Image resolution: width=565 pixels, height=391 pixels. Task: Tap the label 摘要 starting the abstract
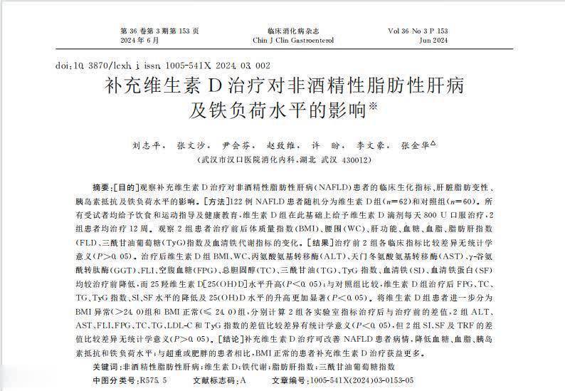(102, 186)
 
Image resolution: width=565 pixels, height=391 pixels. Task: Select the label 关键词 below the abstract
(106, 366)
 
